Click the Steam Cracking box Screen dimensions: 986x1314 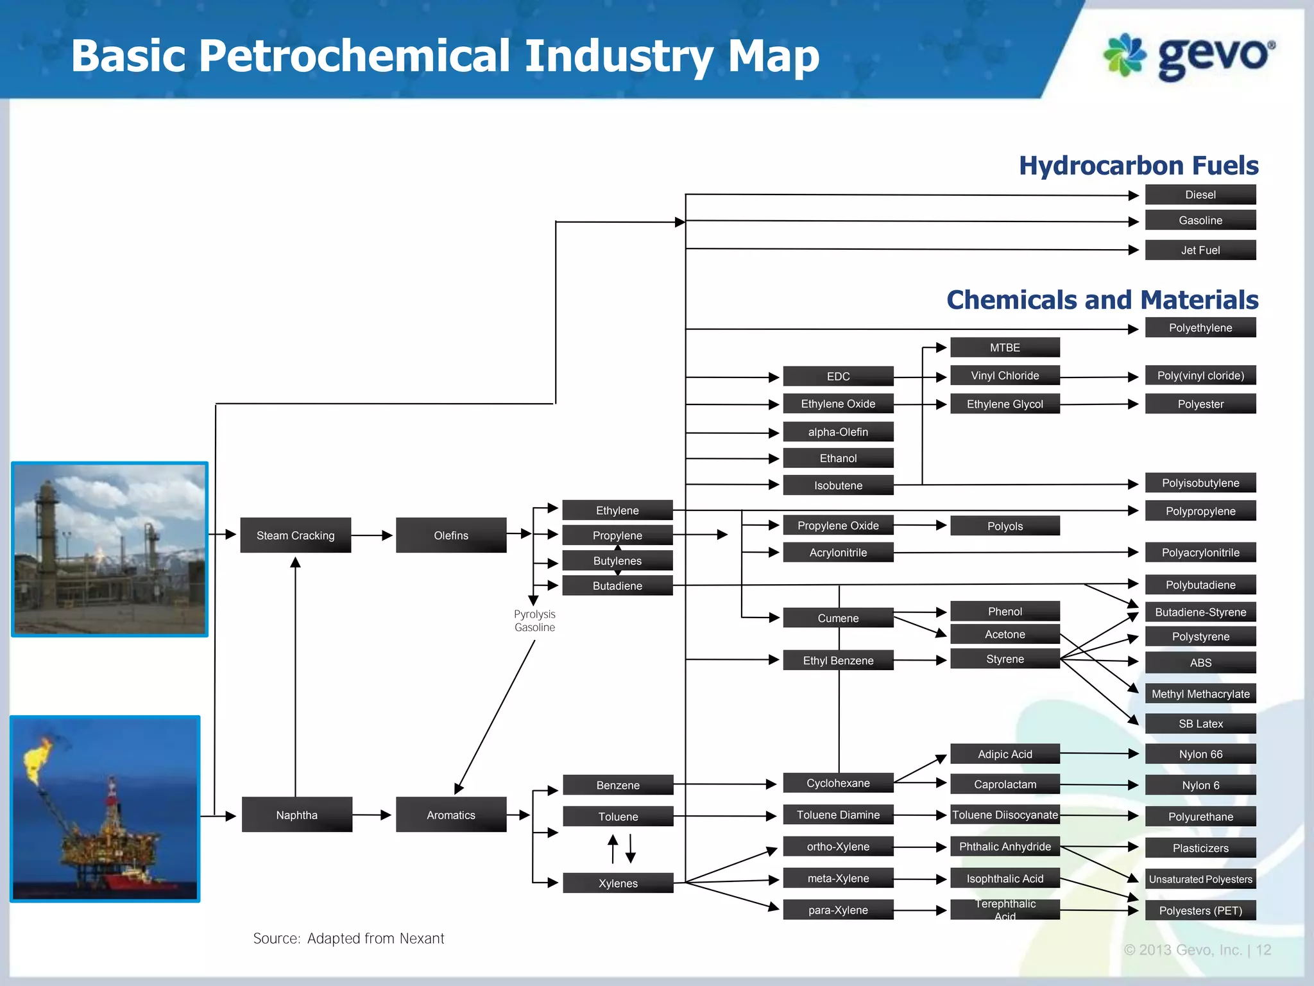295,535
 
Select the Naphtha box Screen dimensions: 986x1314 296,815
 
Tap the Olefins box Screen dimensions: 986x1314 450,535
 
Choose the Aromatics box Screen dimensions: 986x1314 450,815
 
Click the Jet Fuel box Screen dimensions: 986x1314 1200,250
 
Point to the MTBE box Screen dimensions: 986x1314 1004,347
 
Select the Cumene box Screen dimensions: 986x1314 838,618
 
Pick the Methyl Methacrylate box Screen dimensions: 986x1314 1200,693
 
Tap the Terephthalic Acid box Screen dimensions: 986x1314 1004,910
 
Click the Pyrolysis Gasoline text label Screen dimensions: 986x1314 534,621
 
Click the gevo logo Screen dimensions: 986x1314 1189,56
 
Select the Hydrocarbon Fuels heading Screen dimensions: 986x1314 1138,166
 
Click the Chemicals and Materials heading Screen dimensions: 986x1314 1102,300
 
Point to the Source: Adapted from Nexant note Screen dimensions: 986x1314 348,938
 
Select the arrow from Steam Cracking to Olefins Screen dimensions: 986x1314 372,535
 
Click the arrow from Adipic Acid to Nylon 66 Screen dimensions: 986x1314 1100,754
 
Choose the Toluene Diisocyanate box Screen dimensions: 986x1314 1004,815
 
